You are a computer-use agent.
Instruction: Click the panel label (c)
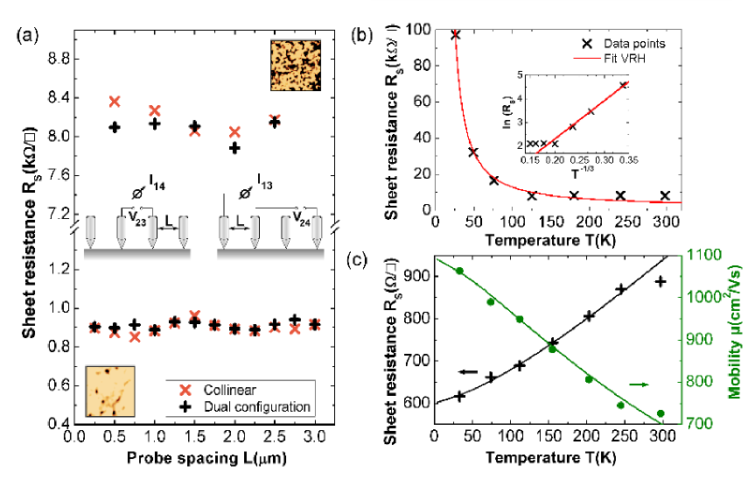point(360,260)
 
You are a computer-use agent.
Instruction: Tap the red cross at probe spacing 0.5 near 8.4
point(115,102)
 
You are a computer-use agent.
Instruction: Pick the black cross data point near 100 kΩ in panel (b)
point(456,35)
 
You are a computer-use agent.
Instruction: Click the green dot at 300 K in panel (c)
point(661,413)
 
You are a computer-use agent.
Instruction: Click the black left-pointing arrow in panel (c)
point(469,371)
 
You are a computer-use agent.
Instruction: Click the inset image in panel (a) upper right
point(293,65)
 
